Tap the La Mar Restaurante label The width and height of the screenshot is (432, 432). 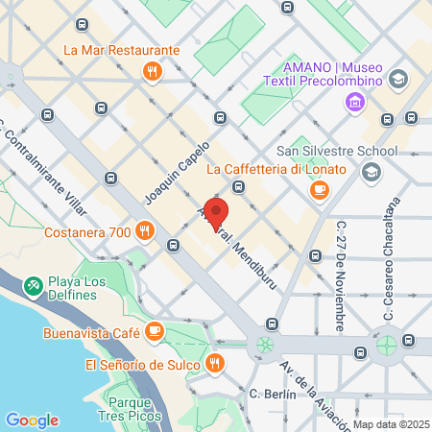coord(122,50)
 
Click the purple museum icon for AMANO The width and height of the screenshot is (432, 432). coord(356,101)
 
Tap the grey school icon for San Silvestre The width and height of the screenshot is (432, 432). coord(370,172)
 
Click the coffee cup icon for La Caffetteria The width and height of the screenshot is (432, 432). coord(319,190)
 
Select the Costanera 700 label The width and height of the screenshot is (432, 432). coord(87,232)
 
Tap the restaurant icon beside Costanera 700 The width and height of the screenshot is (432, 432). coord(144,229)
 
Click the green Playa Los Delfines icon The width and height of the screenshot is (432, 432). coord(34,284)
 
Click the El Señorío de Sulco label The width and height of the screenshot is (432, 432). coord(142,365)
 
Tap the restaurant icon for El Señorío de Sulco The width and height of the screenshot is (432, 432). coord(215,364)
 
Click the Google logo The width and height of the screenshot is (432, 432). coord(32,420)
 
